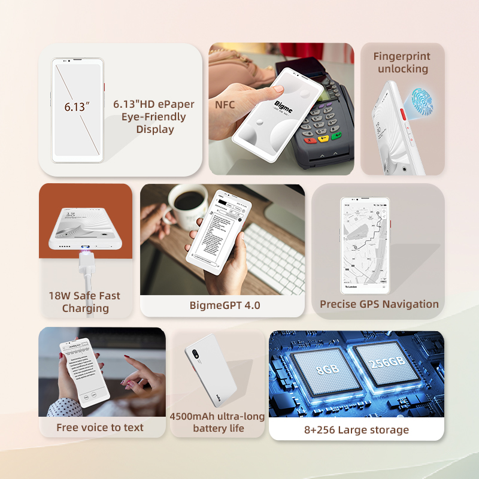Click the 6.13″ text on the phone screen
coord(77,108)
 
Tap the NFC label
coord(225,105)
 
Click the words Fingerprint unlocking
coord(401,62)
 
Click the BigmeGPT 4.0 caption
coord(225,305)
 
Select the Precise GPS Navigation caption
coord(379,304)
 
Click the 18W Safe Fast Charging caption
coord(84,302)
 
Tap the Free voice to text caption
coord(100,427)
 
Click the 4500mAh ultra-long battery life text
coord(217,422)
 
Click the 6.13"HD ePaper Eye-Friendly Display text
coord(154,116)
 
